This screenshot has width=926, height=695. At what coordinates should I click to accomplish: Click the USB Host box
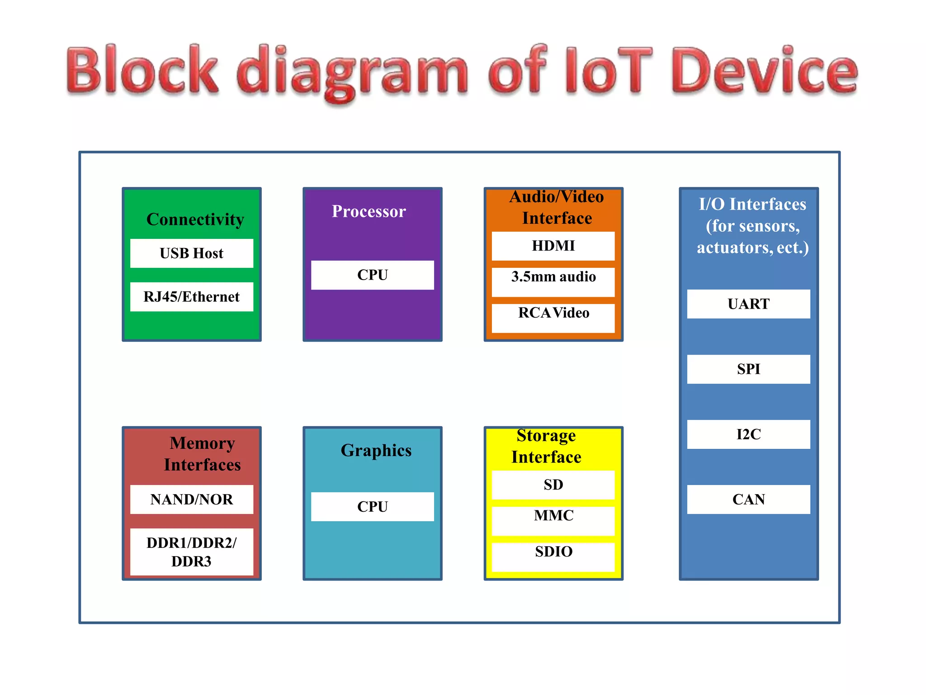coord(192,253)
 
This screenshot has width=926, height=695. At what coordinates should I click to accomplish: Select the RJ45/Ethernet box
coord(192,297)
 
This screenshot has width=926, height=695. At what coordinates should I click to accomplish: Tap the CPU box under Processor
coord(373,275)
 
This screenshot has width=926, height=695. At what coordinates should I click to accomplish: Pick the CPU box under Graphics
coord(373,507)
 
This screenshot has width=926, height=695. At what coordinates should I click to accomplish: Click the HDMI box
coord(553,246)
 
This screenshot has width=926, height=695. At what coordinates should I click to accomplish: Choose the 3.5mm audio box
coord(553,282)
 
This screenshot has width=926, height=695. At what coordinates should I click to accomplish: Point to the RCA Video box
coord(553,318)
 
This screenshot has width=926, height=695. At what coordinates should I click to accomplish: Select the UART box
coord(749,304)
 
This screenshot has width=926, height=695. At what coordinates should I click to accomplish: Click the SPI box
coord(749,369)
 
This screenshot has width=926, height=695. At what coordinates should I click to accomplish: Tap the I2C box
coord(749,434)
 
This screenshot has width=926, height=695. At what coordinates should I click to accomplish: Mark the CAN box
coord(749,500)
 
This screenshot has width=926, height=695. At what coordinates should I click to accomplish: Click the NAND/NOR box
coord(192,500)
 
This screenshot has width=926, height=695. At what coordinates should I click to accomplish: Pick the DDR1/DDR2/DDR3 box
coord(192,552)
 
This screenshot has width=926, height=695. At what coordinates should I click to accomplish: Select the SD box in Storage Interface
coord(553,485)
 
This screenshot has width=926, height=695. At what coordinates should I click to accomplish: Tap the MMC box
coord(553,521)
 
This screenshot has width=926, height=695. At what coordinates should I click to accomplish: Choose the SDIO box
coord(553,557)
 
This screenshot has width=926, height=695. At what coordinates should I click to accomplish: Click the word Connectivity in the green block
coord(195,219)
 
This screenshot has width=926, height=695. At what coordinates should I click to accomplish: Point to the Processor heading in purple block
coord(369,211)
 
